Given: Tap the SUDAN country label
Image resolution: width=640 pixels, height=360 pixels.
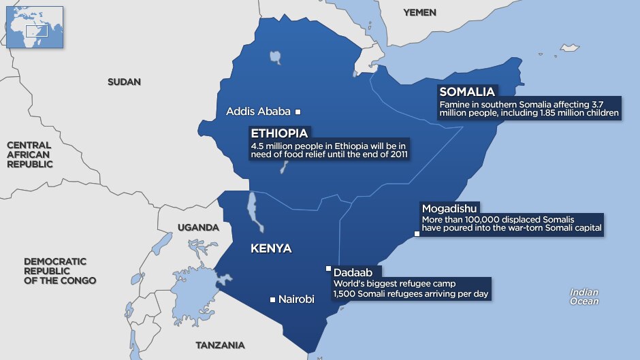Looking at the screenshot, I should tap(124, 82).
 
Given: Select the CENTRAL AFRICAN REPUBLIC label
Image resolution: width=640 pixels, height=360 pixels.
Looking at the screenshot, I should tap(29, 154).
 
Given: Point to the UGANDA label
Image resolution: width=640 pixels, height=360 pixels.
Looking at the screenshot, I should tap(197, 227).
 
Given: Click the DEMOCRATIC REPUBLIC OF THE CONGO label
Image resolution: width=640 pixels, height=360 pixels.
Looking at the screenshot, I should tap(59, 271).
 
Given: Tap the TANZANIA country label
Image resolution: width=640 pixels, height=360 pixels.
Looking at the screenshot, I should tap(219, 344).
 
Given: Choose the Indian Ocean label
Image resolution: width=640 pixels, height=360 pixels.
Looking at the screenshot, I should tap(584, 297).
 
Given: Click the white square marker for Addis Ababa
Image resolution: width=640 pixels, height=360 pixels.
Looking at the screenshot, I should tap(298, 112).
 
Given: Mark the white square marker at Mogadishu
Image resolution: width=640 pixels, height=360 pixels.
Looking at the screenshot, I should tap(417, 234).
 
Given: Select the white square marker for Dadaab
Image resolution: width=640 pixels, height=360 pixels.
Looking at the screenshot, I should tap(328, 268).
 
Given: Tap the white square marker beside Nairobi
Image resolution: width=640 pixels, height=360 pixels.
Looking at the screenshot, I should tap(272, 299).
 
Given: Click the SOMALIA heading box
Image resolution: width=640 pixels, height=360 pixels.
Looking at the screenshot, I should tap(467, 92).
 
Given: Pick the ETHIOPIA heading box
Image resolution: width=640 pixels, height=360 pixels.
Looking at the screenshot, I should tap(281, 133).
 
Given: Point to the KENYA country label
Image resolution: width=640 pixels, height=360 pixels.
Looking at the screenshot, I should tap(271, 248).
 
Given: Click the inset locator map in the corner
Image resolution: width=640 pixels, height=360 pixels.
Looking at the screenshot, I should tap(34, 27).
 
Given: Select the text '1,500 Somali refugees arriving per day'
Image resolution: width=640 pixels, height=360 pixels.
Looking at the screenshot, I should tap(411, 294).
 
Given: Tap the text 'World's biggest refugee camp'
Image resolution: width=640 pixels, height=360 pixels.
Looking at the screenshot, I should tap(393, 283).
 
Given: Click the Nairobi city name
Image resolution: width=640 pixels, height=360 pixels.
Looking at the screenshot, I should tap(296, 299).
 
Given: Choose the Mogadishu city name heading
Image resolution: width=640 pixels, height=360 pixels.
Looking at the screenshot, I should tap(449, 208).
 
